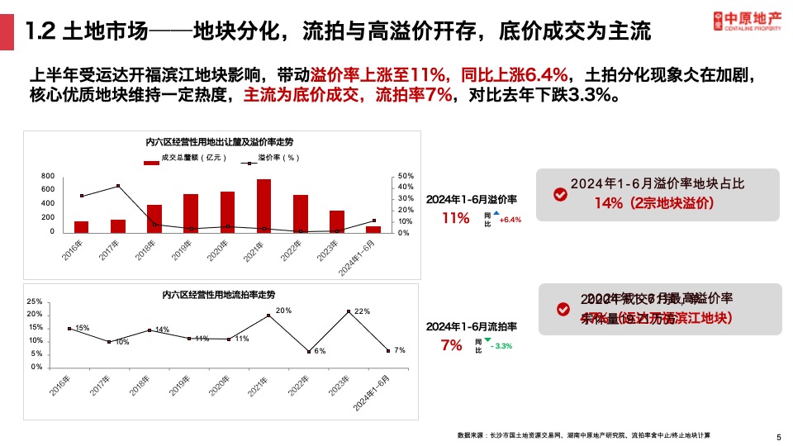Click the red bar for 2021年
coord(264,206)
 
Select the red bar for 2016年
coord(81,226)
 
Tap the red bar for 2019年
coord(191,213)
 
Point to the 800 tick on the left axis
coord(48,176)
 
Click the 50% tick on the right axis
coord(405,176)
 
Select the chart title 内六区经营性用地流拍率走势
coord(220,295)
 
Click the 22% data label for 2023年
coord(361,311)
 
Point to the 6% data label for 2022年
coord(320,351)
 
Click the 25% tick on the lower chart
coord(35,301)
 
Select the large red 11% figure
coord(455,219)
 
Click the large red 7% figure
coord(451,345)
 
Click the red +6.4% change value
coord(510,220)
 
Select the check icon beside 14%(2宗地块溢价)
coord(560,193)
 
